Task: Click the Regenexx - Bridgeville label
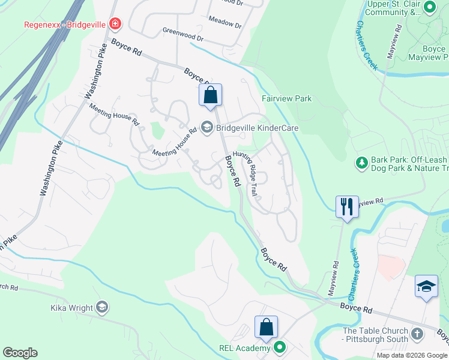click(x=65, y=25)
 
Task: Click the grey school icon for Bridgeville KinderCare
click(x=207, y=127)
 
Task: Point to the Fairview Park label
click(x=286, y=98)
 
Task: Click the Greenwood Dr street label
click(x=183, y=34)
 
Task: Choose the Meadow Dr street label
click(x=224, y=23)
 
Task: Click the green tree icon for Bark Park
click(x=361, y=162)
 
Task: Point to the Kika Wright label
click(x=71, y=308)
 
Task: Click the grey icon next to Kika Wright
click(x=102, y=307)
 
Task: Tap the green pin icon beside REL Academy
click(x=279, y=347)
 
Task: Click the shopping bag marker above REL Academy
click(x=266, y=327)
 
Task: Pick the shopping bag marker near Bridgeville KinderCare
click(x=210, y=94)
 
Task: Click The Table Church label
click(x=375, y=335)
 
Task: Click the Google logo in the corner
click(x=20, y=353)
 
